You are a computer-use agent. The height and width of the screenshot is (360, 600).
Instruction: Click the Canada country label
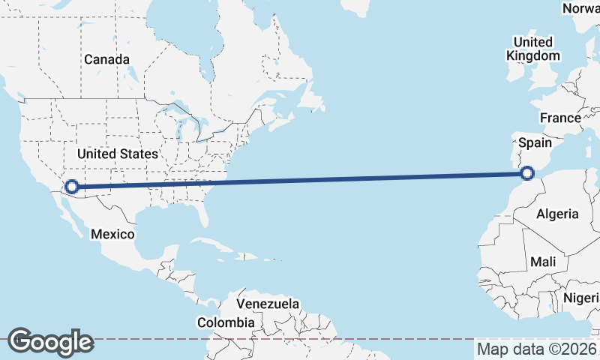coord(106,59)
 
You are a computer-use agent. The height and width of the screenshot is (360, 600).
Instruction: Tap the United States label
coord(118,154)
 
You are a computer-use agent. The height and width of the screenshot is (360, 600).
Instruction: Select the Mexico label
coord(112,234)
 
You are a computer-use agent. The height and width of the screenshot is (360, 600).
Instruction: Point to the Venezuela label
coord(268,304)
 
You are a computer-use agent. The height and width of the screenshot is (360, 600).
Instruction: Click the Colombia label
coord(226,322)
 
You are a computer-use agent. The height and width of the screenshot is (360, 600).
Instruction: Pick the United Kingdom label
coord(532,49)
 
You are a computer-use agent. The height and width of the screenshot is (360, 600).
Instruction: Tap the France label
coord(560,118)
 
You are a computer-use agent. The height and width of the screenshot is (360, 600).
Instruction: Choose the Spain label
coord(535,142)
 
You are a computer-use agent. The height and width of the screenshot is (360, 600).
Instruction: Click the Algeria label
coord(557,214)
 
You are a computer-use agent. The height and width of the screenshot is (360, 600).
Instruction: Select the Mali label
coord(542,262)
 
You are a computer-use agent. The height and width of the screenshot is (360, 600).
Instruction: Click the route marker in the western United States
coord(73,187)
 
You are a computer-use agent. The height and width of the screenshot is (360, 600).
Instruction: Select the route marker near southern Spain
coord(527,173)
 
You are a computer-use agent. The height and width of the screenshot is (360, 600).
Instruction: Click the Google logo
coord(50,342)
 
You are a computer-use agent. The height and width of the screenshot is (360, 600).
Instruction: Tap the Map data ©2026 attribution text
coord(537,349)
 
